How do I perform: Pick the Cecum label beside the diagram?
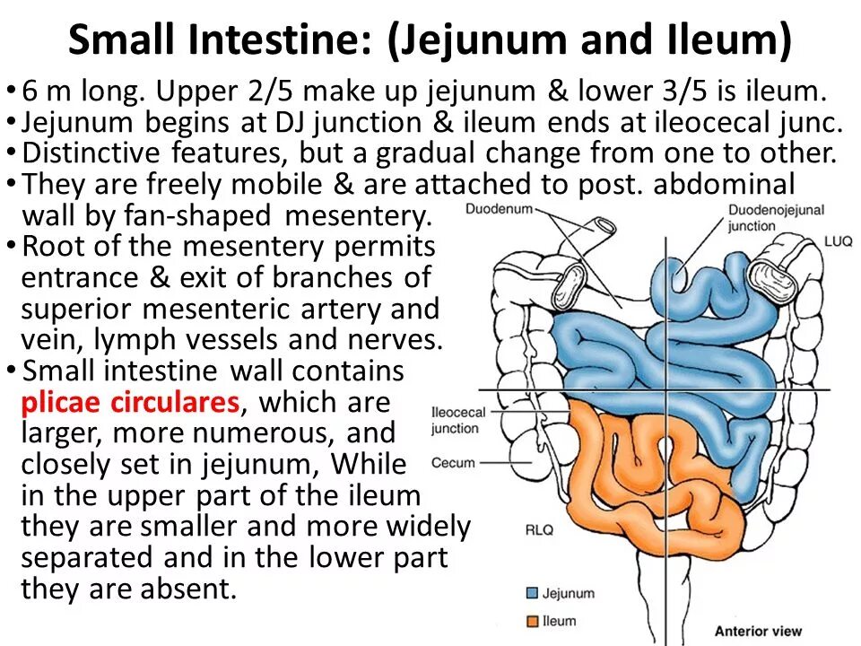[453, 463]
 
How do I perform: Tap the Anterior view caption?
[758, 631]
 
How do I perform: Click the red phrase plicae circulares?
[130, 402]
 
